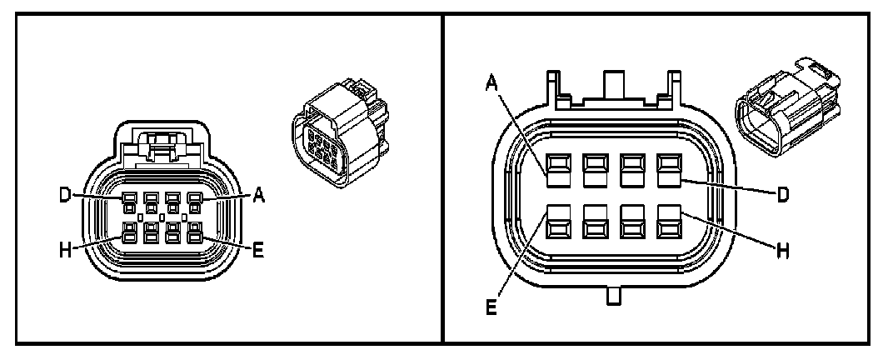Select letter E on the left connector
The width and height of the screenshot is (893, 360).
click(x=258, y=249)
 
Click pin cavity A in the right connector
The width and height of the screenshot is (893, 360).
click(x=556, y=169)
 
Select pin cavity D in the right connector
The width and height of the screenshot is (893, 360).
click(x=669, y=169)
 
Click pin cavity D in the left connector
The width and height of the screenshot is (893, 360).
click(x=129, y=200)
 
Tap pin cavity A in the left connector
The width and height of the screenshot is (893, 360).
click(x=194, y=200)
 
